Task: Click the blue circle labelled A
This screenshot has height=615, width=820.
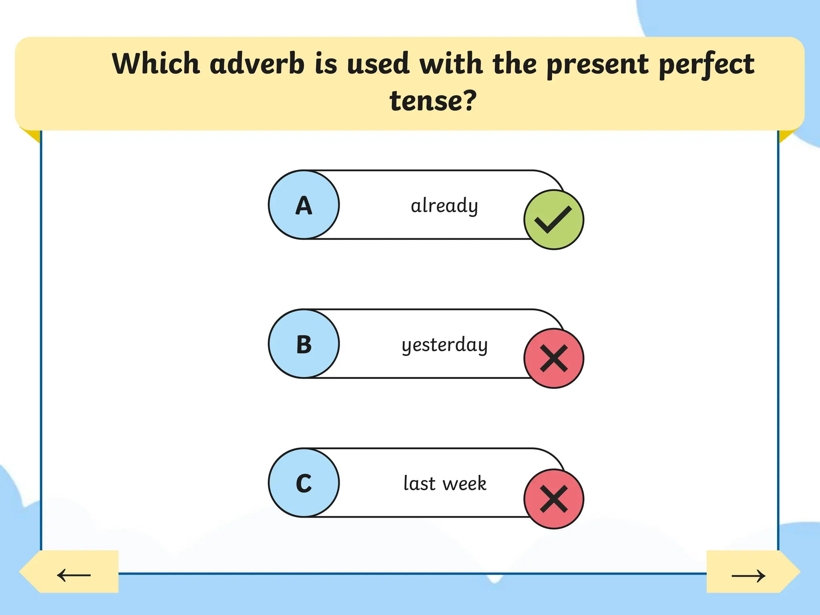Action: (x=304, y=205)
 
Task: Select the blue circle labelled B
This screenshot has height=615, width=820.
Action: (x=304, y=344)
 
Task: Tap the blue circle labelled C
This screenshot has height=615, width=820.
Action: (x=304, y=483)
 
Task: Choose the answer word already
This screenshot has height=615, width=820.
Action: (x=444, y=206)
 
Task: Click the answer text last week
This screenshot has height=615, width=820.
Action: (x=445, y=483)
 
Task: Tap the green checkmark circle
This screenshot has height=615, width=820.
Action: (x=554, y=220)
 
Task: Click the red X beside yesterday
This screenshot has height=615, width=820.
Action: (x=554, y=358)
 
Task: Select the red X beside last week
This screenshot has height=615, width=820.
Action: (x=554, y=499)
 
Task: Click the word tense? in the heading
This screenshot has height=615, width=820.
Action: (x=433, y=100)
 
